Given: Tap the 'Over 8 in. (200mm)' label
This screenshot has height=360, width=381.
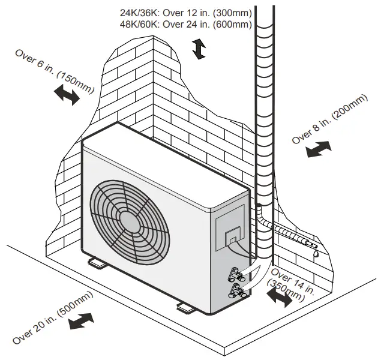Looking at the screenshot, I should click(329, 119).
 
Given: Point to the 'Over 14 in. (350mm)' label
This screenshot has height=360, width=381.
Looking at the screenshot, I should click(292, 283).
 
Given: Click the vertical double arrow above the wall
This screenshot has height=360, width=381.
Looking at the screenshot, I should click(199, 49).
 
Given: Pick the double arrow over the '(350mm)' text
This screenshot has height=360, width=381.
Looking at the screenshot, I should click(280, 296).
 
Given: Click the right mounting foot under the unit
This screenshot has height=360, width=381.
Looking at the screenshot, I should click(187, 307).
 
